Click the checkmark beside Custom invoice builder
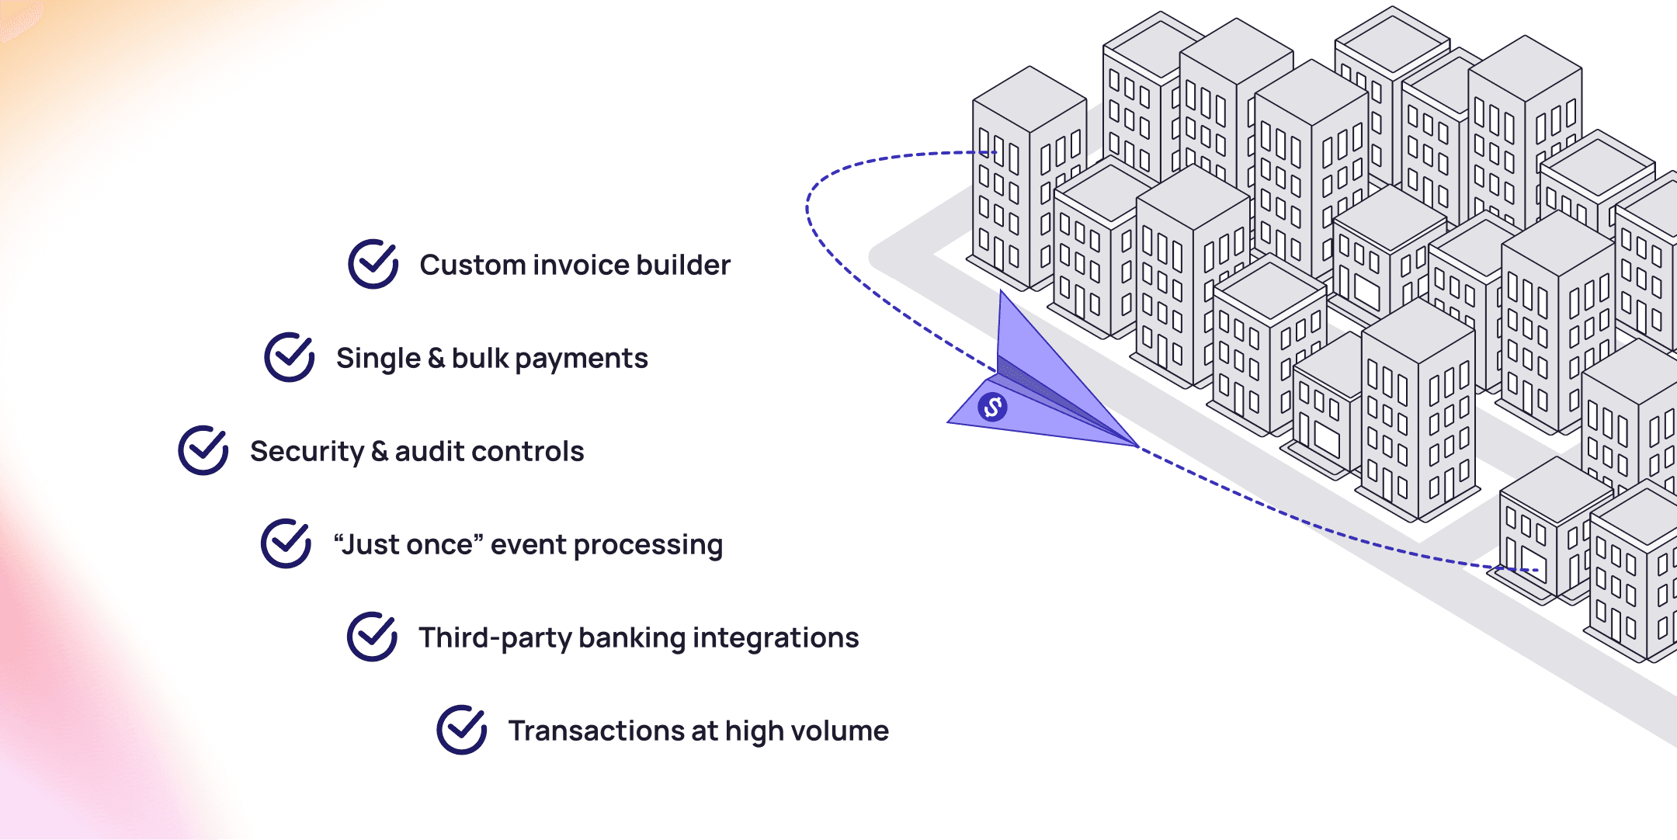tap(373, 264)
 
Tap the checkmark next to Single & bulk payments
tap(290, 357)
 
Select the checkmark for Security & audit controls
tap(203, 450)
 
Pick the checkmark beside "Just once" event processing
tap(286, 543)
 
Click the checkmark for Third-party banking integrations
tap(373, 637)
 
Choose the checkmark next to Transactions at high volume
tap(462, 730)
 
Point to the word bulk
tap(480, 358)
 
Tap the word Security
tap(307, 452)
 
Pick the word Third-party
tap(495, 638)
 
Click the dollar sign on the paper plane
tap(992, 407)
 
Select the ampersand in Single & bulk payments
tap(436, 358)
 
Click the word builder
tap(683, 265)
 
